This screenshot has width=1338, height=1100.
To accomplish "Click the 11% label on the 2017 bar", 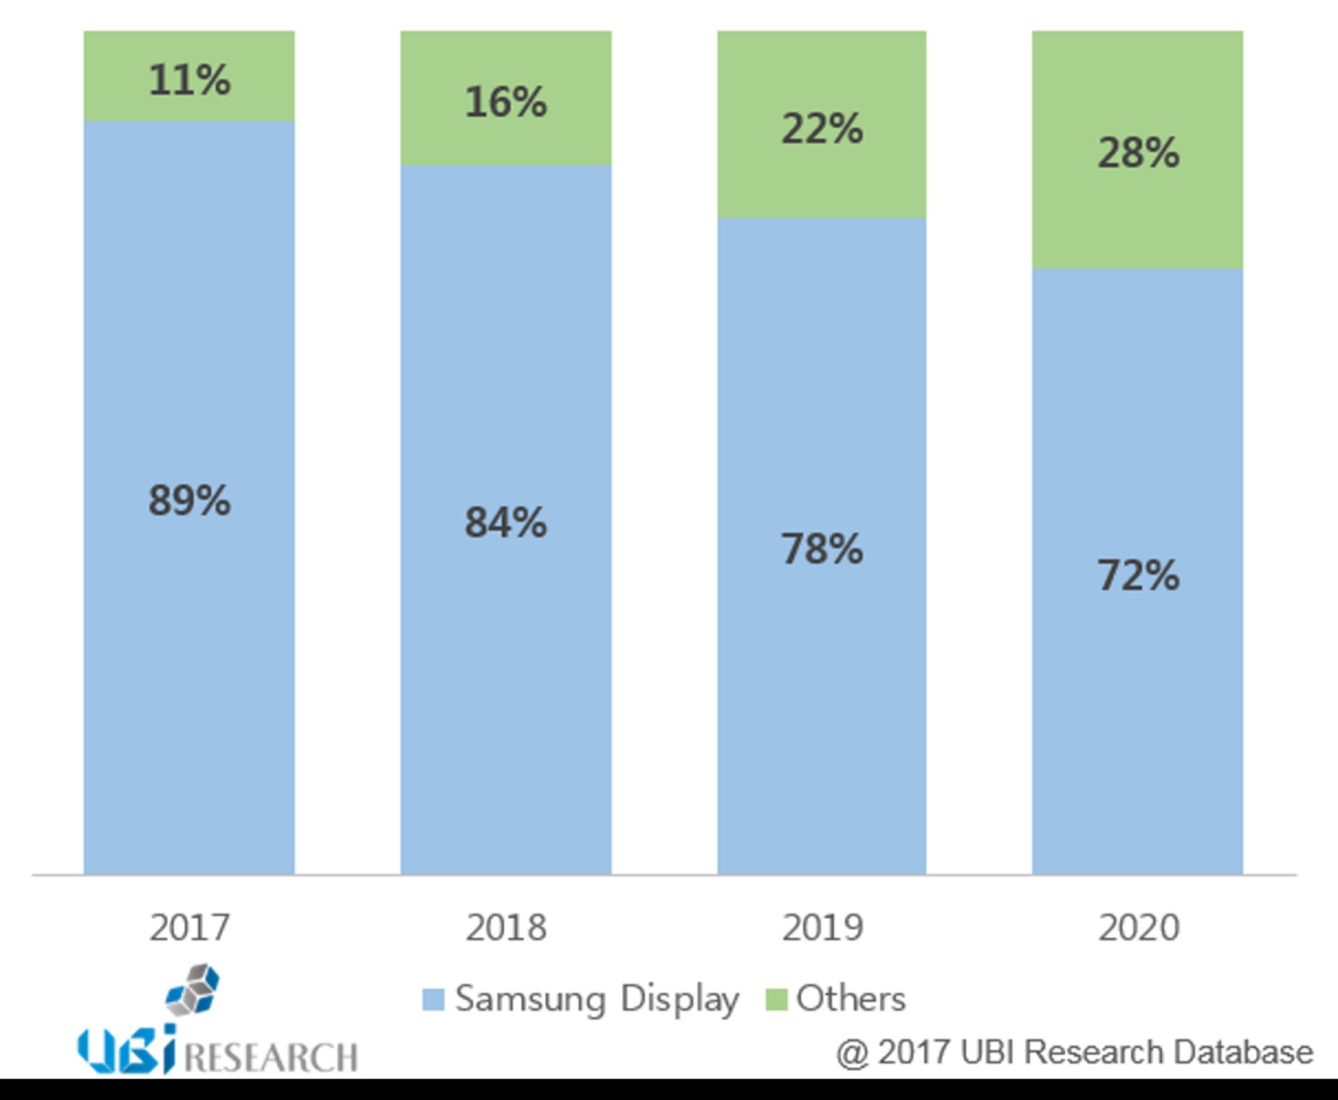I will [x=189, y=79].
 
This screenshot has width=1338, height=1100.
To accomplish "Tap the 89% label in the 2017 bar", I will [x=189, y=500].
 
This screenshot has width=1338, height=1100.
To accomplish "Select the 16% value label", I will [x=505, y=102].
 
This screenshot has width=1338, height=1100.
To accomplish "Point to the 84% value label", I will [x=505, y=522].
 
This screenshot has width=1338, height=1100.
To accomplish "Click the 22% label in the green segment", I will [x=822, y=129].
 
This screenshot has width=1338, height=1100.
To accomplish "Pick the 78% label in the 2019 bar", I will [x=822, y=549].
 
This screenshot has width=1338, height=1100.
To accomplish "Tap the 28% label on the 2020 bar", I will [x=1138, y=153].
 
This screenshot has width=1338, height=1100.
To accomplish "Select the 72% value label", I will [x=1138, y=575].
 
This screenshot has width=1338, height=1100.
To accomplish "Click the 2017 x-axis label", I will [x=189, y=928].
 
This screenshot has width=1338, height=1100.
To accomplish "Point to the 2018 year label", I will [x=505, y=928].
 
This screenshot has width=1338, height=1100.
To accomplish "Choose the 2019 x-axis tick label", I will [x=822, y=928].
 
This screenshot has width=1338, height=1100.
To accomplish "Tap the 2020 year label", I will [x=1138, y=928].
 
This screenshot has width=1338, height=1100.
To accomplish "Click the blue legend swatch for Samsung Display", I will [x=433, y=999].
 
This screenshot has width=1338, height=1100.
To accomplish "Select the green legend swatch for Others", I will [x=776, y=999].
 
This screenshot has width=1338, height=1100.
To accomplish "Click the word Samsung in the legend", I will [x=530, y=999].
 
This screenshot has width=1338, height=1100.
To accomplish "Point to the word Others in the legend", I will [x=850, y=998].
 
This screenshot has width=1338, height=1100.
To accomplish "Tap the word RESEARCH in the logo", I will [x=270, y=1057].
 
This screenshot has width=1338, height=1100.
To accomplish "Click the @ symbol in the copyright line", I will [x=852, y=1053].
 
